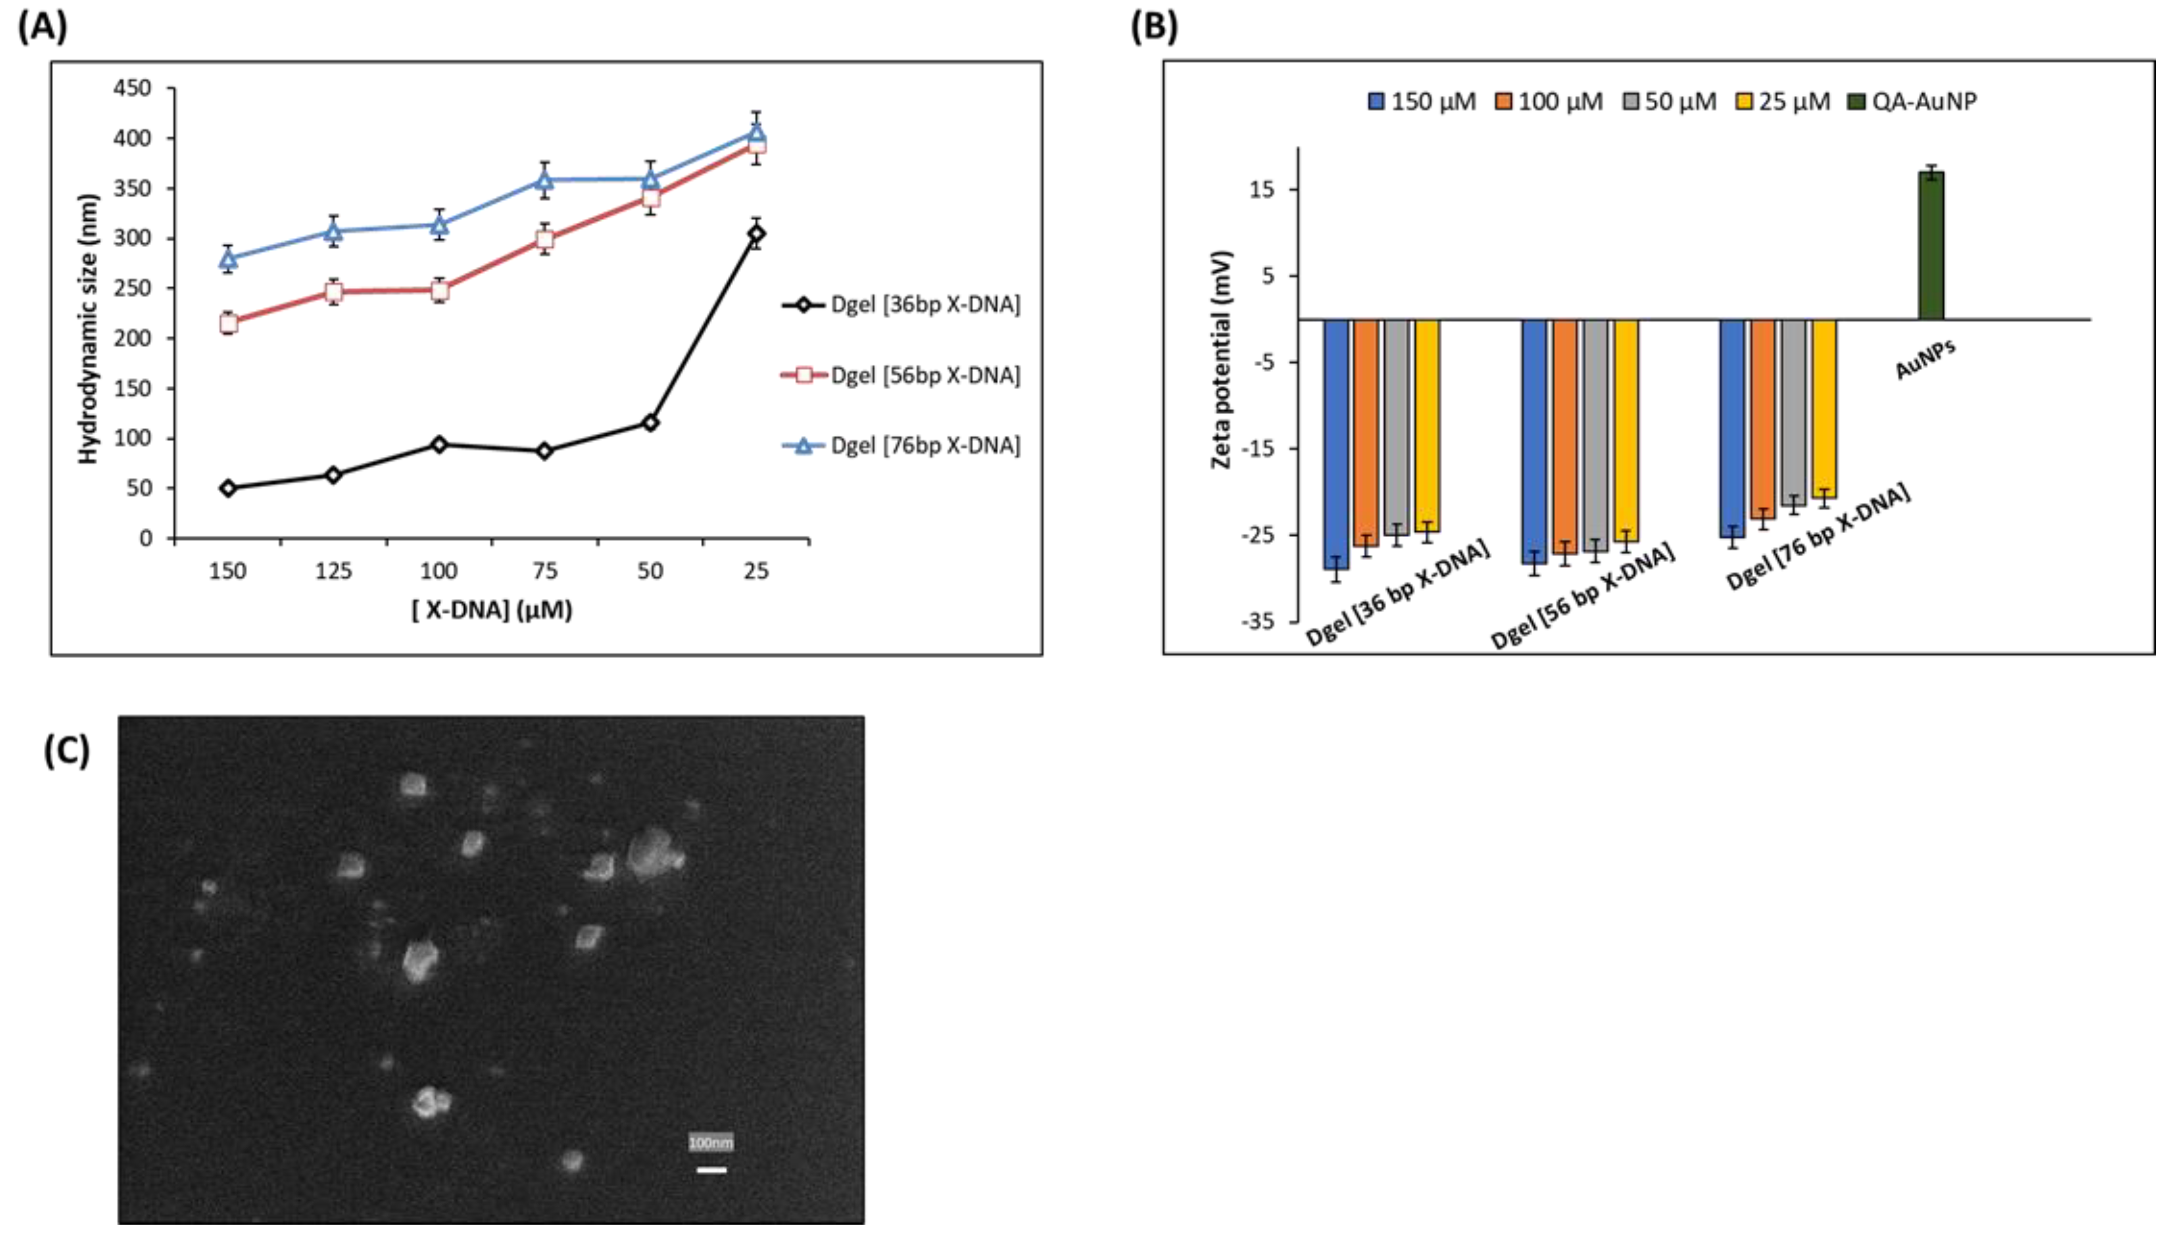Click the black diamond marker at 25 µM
pyautogui.click(x=756, y=234)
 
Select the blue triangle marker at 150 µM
pyautogui.click(x=228, y=258)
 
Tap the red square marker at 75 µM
pyautogui.click(x=545, y=240)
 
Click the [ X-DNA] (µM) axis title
pyautogui.click(x=492, y=610)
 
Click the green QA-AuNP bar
pyautogui.click(x=1931, y=246)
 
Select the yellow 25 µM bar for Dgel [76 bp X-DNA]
pyautogui.click(x=1823, y=408)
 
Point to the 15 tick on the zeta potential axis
pyautogui.click(x=1261, y=190)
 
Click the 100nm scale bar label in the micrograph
pyautogui.click(x=711, y=1143)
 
